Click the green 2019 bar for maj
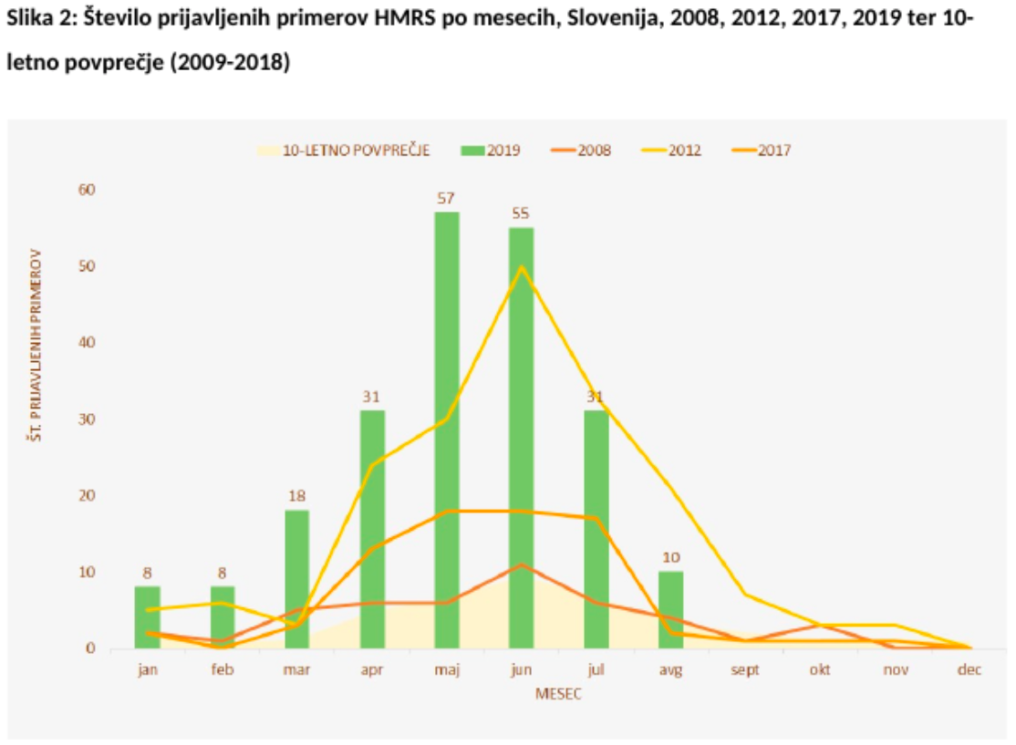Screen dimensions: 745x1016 (x=447, y=429)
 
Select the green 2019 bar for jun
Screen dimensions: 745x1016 (x=522, y=438)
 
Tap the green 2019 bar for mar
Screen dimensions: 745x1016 (x=297, y=579)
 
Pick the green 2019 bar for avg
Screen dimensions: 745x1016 (x=671, y=609)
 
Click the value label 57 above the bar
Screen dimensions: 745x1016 (x=447, y=198)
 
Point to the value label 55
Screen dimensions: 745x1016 (x=522, y=213)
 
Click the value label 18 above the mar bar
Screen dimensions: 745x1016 (x=297, y=496)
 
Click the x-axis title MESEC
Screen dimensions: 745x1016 (x=558, y=694)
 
